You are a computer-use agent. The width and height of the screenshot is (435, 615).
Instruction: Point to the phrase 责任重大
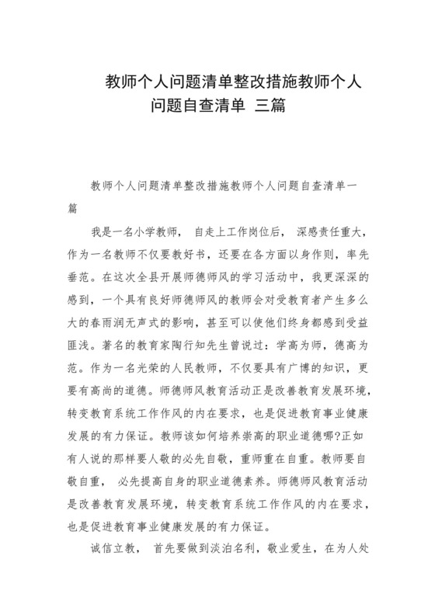click(x=334, y=231)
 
